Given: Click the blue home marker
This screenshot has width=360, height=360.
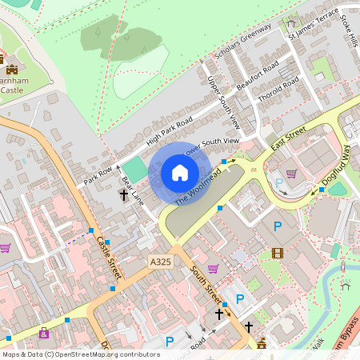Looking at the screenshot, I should coord(180,173).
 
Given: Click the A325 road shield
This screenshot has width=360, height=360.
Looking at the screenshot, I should coord(159,261).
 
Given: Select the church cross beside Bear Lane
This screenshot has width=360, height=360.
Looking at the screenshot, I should coord(124,194).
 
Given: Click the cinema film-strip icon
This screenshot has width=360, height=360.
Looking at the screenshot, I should coord(277,254).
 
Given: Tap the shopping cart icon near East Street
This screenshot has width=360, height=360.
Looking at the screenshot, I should coord(291,173).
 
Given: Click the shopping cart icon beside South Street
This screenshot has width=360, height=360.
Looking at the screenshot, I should coord(213,269).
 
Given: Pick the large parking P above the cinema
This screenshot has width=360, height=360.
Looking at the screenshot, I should coord(277,226).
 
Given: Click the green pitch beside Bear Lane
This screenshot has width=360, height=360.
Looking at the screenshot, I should coord(137,170).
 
